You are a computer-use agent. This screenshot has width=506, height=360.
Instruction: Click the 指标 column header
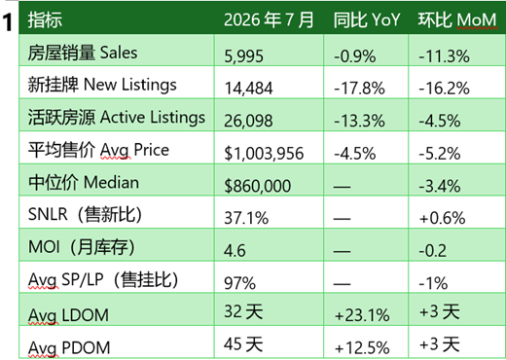[45, 20]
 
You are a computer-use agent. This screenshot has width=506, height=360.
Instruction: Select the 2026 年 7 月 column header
[269, 20]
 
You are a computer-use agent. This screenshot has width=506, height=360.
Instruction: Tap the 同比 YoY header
[367, 20]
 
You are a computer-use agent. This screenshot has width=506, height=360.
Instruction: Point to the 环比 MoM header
[457, 20]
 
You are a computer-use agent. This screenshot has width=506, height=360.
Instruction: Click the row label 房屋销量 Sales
[83, 53]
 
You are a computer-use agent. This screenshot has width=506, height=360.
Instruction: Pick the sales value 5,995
[243, 56]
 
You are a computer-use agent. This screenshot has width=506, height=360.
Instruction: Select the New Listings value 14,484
[248, 89]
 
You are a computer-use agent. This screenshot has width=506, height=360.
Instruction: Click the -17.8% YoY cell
[359, 89]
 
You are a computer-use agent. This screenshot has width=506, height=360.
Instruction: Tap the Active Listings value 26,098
[248, 121]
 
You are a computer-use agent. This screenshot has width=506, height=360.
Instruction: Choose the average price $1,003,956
[264, 154]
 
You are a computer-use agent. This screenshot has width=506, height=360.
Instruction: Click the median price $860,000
[258, 186]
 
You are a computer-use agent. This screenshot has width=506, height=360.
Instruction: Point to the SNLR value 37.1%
[246, 218]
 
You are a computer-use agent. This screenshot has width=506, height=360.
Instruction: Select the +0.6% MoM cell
[443, 218]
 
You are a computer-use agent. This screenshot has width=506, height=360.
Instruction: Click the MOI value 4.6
[235, 251]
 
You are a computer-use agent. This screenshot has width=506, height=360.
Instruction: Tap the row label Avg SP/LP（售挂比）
[103, 280]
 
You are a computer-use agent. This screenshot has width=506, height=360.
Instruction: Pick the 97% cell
[239, 283]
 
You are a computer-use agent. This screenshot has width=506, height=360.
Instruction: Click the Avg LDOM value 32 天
[243, 311]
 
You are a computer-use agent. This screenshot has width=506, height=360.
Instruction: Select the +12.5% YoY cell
[362, 348]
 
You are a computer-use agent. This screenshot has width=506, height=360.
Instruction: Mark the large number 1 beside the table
[8, 23]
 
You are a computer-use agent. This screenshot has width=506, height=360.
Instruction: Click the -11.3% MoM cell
[444, 56]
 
